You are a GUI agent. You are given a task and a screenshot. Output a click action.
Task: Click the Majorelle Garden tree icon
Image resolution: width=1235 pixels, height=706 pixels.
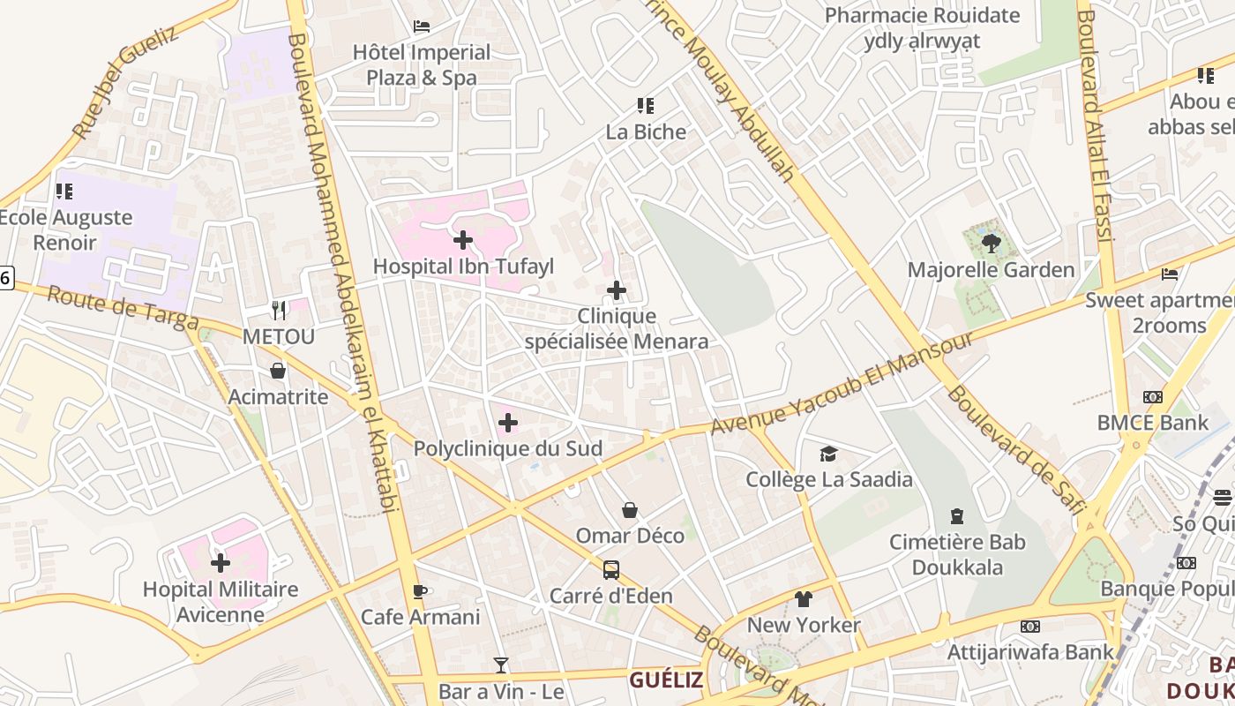[x=991, y=242]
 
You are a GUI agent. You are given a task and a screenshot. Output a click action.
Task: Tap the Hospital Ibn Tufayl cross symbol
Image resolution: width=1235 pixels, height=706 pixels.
[x=463, y=239]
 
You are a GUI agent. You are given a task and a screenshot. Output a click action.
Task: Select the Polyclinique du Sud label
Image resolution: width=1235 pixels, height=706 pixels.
[x=508, y=448]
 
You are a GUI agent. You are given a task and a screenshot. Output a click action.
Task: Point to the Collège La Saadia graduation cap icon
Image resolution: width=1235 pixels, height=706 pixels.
[x=828, y=454]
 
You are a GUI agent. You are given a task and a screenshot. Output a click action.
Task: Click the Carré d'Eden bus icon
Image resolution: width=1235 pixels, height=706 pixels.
[x=611, y=570]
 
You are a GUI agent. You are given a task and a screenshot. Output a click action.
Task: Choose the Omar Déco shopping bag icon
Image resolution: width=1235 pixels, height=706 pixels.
[x=630, y=510]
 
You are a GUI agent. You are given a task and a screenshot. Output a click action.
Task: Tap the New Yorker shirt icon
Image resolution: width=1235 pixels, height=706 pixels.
[x=803, y=599]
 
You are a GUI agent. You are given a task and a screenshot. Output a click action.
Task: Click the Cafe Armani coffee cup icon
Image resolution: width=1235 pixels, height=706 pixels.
[x=420, y=591]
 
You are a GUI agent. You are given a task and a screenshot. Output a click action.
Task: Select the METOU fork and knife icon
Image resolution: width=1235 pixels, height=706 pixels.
[x=279, y=310]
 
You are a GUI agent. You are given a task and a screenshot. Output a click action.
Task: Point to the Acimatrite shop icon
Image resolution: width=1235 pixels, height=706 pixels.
[x=278, y=371]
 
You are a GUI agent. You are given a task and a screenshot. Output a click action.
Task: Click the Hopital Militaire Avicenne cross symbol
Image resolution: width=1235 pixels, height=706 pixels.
[x=221, y=562]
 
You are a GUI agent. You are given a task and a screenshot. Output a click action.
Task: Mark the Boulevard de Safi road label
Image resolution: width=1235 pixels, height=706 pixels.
[x=1014, y=451]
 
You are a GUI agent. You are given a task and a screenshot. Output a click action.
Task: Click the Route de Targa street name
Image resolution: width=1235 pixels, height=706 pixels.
[x=123, y=310]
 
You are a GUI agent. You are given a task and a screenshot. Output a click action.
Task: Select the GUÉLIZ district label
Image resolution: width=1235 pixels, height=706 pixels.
[x=666, y=680]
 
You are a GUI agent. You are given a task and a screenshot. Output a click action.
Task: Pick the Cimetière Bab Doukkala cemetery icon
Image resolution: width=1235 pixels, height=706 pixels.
[x=957, y=515]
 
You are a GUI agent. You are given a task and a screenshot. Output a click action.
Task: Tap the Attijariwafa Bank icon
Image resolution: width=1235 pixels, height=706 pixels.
[x=1029, y=627]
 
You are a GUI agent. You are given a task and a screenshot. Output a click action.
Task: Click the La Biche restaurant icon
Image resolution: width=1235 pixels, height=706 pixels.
[x=646, y=106]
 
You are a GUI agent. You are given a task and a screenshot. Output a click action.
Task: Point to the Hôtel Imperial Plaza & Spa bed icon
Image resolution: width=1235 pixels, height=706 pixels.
[x=422, y=26]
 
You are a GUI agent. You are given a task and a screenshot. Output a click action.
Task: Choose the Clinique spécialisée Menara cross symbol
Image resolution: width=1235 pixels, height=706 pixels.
[x=617, y=289]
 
